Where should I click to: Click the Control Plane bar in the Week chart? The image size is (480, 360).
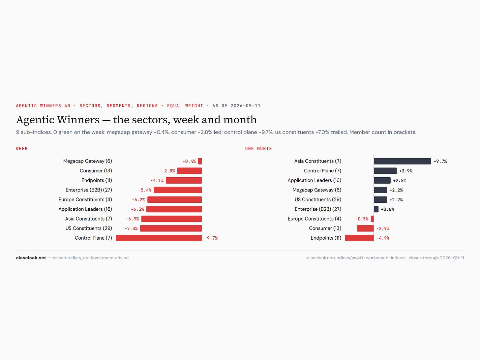tap(159, 238)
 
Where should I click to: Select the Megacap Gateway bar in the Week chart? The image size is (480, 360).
tap(200, 161)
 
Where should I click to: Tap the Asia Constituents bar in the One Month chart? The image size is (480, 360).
tap(403, 161)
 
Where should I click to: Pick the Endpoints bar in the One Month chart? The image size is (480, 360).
tap(360, 238)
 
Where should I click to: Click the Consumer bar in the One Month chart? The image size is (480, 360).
tap(365, 228)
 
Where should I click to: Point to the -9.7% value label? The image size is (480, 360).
tap(211, 238)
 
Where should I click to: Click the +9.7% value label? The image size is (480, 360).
tap(440, 161)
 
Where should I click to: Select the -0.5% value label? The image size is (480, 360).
tap(362, 219)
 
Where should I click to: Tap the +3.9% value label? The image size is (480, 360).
tap(405, 171)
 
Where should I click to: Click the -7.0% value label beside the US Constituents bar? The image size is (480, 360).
tap(131, 228)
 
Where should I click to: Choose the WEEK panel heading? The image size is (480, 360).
tap(22, 149)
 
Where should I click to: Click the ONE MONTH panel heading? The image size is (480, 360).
tap(258, 149)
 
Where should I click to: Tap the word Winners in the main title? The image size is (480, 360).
tap(78, 120)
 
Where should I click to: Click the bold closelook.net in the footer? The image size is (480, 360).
tap(31, 258)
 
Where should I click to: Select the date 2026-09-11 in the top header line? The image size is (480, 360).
tap(246, 106)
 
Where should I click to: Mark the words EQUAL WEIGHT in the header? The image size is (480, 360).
tap(185, 106)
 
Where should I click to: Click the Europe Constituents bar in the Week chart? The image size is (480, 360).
tap(174, 199)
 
